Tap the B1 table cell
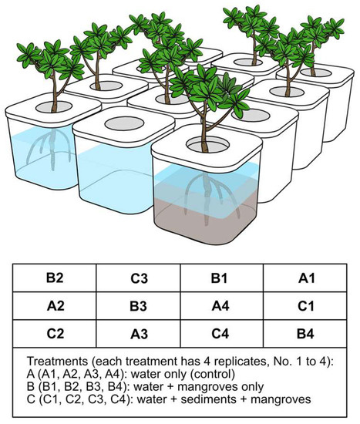pyautogui.click(x=220, y=277)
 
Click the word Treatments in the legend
pyautogui.click(x=56, y=360)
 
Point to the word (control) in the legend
pyautogui.click(x=230, y=372)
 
